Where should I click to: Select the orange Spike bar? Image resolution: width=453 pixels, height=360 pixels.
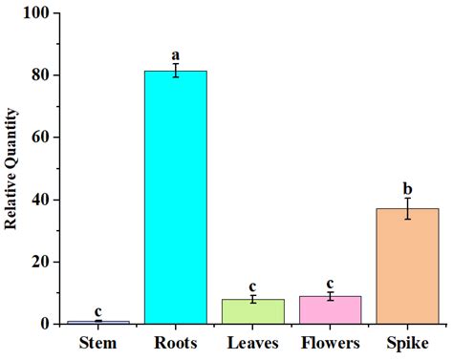(407, 266)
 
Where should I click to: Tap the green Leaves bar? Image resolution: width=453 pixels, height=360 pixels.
(252, 311)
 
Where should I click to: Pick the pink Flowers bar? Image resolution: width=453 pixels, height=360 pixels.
(330, 310)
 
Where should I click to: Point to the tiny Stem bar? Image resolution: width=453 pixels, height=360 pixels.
(97, 322)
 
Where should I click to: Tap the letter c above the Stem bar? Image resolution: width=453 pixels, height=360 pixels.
(97, 311)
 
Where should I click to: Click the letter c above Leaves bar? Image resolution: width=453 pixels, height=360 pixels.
(252, 286)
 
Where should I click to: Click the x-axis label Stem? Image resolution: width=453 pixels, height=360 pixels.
(97, 343)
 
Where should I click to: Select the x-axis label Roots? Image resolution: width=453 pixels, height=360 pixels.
(175, 343)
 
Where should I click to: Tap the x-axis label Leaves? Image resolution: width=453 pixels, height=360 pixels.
(252, 343)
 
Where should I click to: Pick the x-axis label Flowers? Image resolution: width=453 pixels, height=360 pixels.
(330, 343)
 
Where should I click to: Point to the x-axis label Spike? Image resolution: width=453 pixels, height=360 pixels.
(407, 343)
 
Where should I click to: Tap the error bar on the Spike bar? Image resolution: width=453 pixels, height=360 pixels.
(407, 208)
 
